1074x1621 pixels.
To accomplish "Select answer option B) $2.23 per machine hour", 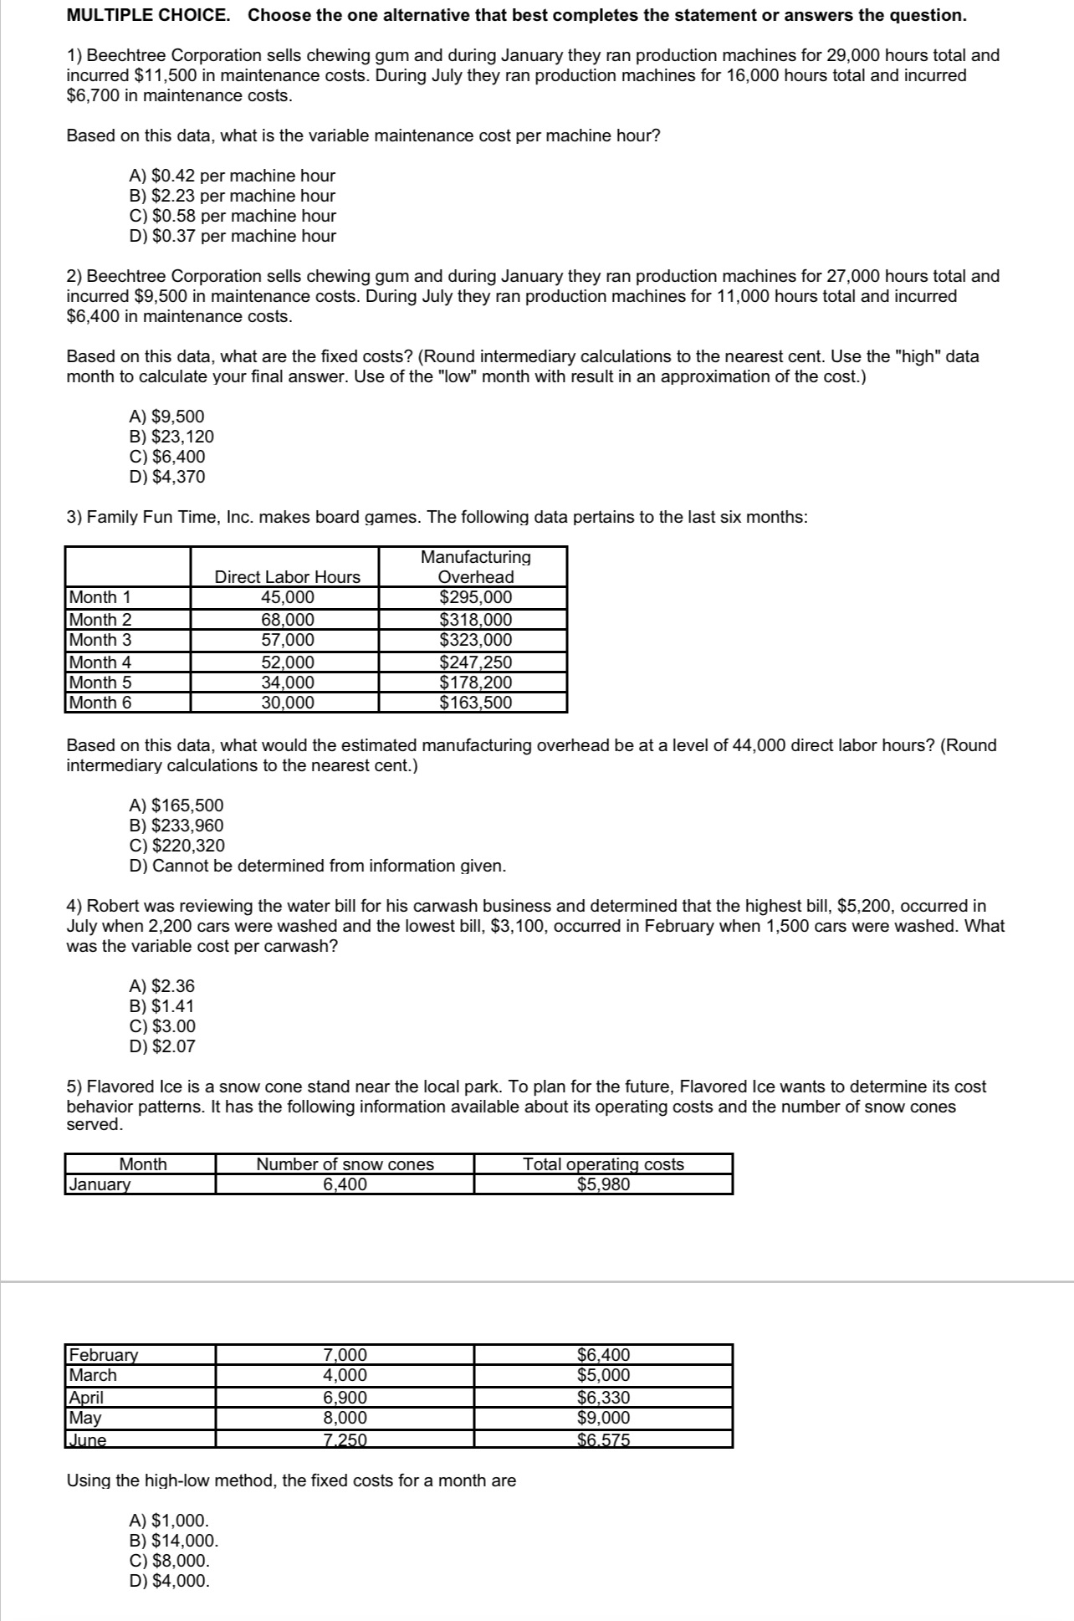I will pyautogui.click(x=232, y=196).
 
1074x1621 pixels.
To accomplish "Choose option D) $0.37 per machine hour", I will pyautogui.click(x=232, y=236).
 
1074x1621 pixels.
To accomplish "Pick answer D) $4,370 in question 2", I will pyautogui.click(x=166, y=477).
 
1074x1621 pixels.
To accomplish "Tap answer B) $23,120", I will pyautogui.click(x=171, y=437).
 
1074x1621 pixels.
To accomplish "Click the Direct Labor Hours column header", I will pyautogui.click(x=287, y=576).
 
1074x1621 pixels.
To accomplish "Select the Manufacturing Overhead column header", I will pyautogui.click(x=475, y=566).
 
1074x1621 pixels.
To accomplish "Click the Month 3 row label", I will pyautogui.click(x=100, y=640).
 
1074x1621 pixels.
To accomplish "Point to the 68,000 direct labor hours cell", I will pyautogui.click(x=288, y=620).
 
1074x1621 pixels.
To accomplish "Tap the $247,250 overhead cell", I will pyautogui.click(x=475, y=662).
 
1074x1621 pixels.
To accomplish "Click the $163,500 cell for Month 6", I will pyautogui.click(x=475, y=703).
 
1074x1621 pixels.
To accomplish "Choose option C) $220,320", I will pyautogui.click(x=176, y=846).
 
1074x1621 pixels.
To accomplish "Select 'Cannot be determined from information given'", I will pyautogui.click(x=317, y=866).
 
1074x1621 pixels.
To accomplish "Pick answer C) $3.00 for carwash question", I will pyautogui.click(x=162, y=1026).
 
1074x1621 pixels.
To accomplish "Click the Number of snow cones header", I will pyautogui.click(x=345, y=1163).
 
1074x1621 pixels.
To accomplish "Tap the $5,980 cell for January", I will pyautogui.click(x=603, y=1184).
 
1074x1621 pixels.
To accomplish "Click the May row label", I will pyautogui.click(x=85, y=1417).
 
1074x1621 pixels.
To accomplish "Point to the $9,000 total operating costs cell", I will pyautogui.click(x=603, y=1417).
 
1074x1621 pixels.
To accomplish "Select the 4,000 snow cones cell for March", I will pyautogui.click(x=345, y=1374).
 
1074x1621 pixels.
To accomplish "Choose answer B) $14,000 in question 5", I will pyautogui.click(x=173, y=1541).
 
